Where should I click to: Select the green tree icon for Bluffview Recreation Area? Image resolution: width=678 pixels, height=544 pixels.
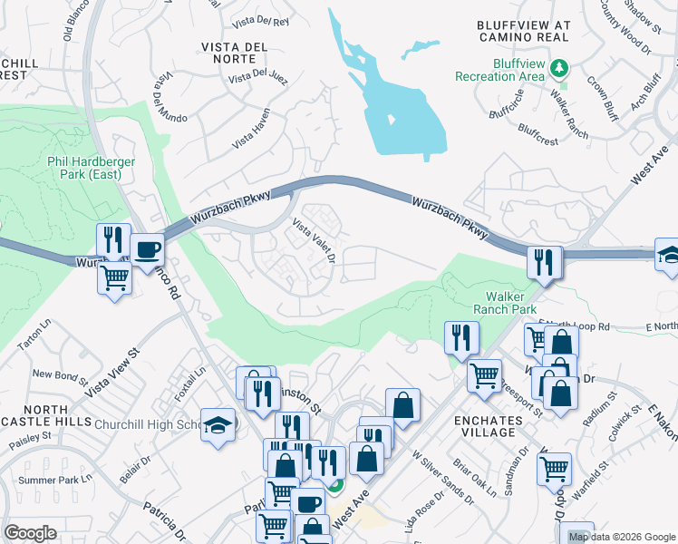561,67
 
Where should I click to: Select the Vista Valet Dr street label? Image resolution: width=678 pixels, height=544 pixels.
314,240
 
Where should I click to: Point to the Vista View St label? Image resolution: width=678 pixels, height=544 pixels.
114,373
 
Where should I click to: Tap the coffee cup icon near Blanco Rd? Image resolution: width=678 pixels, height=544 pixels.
147,249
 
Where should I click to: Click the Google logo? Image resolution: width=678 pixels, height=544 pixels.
31,533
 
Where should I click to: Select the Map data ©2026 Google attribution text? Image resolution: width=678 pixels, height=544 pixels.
621,537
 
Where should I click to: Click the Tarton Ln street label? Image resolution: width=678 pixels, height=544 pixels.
36,337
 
